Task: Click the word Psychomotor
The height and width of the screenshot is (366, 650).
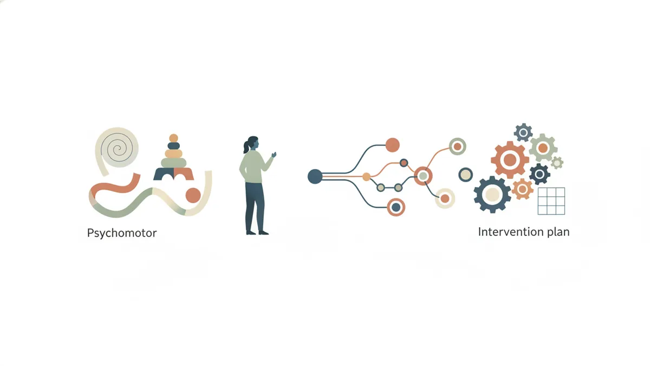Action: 122,233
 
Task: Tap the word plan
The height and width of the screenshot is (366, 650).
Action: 558,232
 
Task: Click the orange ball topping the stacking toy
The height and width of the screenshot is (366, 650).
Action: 173,138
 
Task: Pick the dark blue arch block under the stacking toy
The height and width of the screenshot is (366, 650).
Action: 164,174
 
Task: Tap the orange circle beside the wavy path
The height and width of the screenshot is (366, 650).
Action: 193,195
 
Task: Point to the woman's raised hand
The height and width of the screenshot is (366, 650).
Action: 274,155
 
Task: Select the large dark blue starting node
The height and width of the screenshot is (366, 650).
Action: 315,176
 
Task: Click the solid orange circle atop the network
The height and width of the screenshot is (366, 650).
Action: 392,145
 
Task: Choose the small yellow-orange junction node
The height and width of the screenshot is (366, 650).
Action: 367,177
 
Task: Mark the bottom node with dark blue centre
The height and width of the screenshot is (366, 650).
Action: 396,207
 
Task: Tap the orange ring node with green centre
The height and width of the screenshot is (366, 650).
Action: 423,176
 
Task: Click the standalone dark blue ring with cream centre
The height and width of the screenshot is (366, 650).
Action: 465,175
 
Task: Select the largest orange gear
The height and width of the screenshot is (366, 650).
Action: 510,160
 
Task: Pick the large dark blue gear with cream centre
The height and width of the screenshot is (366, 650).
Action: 492,195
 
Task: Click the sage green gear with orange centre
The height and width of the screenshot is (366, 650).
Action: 543,148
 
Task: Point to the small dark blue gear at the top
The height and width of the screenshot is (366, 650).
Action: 523,133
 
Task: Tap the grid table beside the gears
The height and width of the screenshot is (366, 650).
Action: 551,201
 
